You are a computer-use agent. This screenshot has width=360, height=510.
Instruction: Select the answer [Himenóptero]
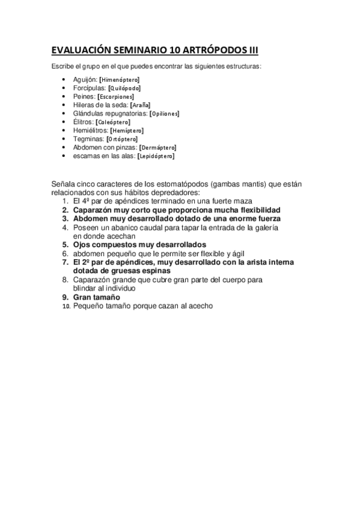pos(120,79)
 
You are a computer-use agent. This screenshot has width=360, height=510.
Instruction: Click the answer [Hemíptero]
pos(127,130)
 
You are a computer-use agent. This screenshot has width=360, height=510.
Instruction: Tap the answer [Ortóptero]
pos(122,139)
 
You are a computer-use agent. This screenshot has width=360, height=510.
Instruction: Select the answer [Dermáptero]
pos(157,147)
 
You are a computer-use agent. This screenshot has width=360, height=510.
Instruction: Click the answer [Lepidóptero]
pos(156,156)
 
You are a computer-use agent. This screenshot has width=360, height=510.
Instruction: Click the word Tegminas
pos(88,139)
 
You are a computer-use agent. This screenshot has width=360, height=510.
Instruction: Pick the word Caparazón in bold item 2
pos(94,210)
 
